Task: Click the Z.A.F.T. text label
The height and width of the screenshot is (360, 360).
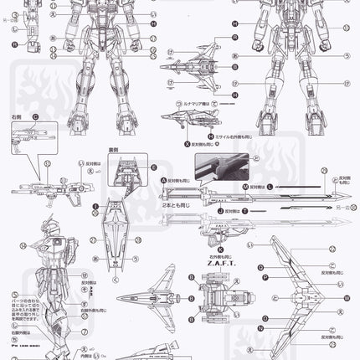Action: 219,236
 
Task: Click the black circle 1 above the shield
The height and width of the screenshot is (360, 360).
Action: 97,205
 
